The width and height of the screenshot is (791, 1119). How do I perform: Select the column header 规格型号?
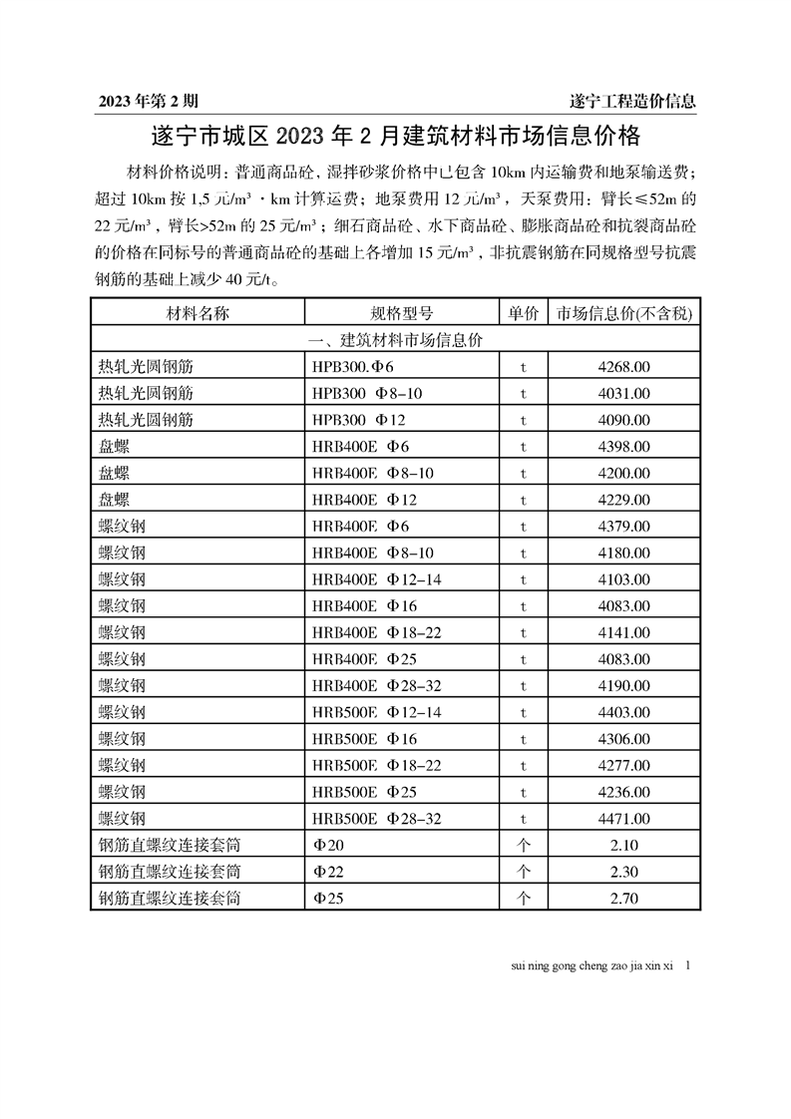pos(402,313)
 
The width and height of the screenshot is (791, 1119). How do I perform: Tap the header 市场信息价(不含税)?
pos(623,313)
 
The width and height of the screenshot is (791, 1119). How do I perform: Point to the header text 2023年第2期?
pos(149,101)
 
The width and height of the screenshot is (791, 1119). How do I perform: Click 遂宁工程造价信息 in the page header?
pos(631,101)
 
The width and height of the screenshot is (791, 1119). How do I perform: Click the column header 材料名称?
pos(198,313)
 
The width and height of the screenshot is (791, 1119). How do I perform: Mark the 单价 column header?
pos(524,313)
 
